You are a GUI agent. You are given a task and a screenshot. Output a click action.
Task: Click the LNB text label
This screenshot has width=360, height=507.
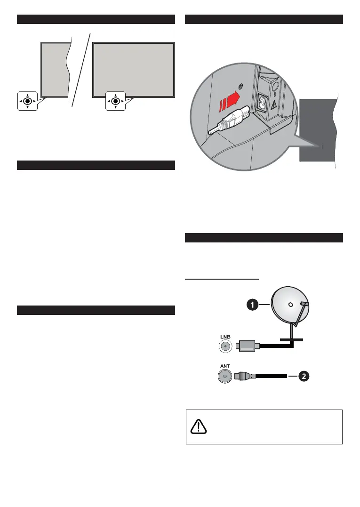[224, 337]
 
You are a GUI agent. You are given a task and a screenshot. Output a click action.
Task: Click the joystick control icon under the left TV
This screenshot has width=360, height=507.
[28, 101]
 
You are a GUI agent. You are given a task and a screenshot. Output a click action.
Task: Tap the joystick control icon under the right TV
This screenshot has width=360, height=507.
[115, 101]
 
